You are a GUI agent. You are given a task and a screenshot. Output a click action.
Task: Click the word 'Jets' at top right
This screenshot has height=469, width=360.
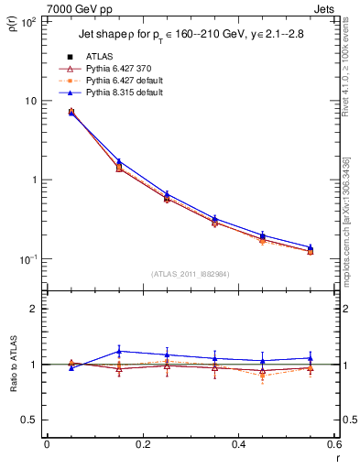325,8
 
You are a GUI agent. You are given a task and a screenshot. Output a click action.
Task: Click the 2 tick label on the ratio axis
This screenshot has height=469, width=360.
34,309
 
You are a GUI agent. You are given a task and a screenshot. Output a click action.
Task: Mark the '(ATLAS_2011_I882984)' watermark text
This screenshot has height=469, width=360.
190,273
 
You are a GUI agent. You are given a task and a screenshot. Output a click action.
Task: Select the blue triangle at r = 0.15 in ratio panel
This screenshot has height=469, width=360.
119,351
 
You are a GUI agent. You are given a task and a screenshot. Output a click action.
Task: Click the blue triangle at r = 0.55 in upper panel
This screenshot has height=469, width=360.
311,247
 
